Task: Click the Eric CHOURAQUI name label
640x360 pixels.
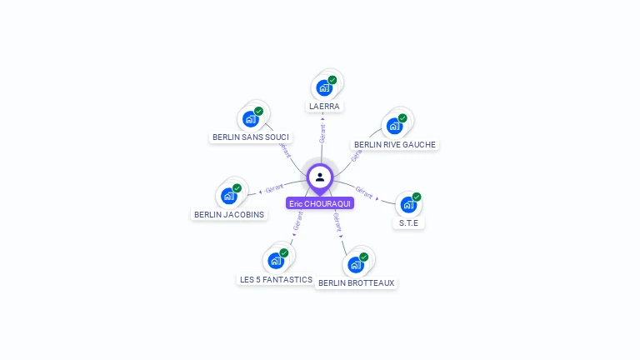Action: pyautogui.click(x=320, y=203)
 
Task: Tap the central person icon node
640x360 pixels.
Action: pyautogui.click(x=320, y=177)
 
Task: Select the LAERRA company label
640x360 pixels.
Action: pyautogui.click(x=325, y=107)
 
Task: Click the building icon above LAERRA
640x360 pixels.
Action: pyautogui.click(x=324, y=87)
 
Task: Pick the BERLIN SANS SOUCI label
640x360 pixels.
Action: pyautogui.click(x=251, y=137)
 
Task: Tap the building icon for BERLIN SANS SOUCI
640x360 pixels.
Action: pyautogui.click(x=250, y=118)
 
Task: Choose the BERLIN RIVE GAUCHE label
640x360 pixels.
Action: pyautogui.click(x=395, y=144)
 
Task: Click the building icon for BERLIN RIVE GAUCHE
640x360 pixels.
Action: pyautogui.click(x=394, y=126)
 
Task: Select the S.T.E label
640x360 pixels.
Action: pyautogui.click(x=408, y=222)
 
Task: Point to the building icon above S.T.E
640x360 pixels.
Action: pyautogui.click(x=407, y=204)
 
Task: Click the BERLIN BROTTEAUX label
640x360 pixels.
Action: pyautogui.click(x=357, y=282)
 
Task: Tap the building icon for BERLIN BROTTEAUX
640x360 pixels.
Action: pyautogui.click(x=356, y=264)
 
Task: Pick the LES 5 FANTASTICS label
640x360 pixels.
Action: pyautogui.click(x=276, y=279)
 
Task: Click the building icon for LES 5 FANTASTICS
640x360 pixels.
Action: pyautogui.click(x=276, y=261)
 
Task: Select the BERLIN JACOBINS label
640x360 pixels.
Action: pyautogui.click(x=229, y=214)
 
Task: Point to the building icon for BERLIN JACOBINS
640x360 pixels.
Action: pyautogui.click(x=228, y=197)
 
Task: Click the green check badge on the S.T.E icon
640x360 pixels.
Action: pyautogui.click(x=417, y=197)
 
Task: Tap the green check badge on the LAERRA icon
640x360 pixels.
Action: pyautogui.click(x=332, y=80)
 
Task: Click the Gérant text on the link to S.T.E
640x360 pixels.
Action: pyautogui.click(x=364, y=191)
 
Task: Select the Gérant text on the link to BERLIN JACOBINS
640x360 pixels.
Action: pyautogui.click(x=274, y=187)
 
